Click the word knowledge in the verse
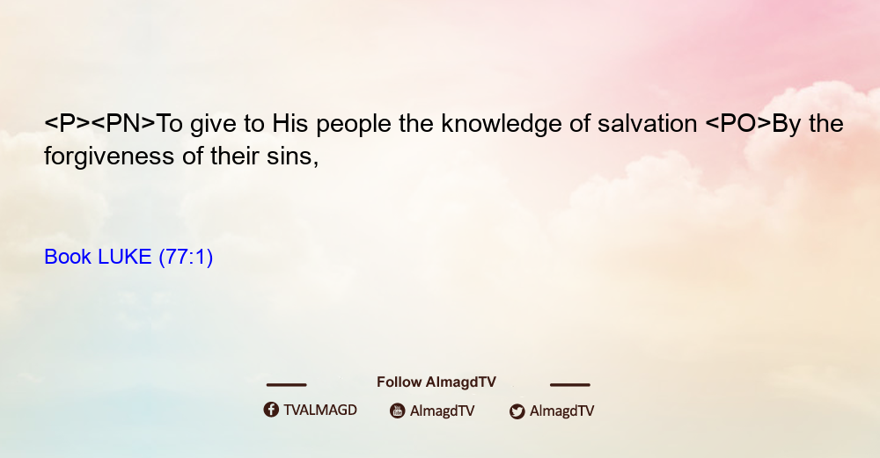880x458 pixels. (x=502, y=125)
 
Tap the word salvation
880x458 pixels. (x=647, y=124)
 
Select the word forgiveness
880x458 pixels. (x=109, y=156)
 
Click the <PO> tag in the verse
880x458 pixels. (x=738, y=124)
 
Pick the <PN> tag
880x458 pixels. (x=123, y=124)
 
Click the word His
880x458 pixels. (x=290, y=124)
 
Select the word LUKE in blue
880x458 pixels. (x=125, y=257)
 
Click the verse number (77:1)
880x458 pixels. (x=186, y=258)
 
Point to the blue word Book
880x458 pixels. (x=68, y=257)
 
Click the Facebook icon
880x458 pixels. (x=271, y=410)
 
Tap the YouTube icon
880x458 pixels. (x=398, y=411)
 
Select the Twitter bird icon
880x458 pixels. (x=517, y=411)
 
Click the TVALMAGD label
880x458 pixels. (x=320, y=411)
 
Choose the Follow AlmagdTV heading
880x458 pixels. (x=436, y=382)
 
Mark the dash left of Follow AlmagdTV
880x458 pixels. (x=286, y=385)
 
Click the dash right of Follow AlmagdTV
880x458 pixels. (x=570, y=385)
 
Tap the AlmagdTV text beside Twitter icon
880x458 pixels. (x=561, y=411)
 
